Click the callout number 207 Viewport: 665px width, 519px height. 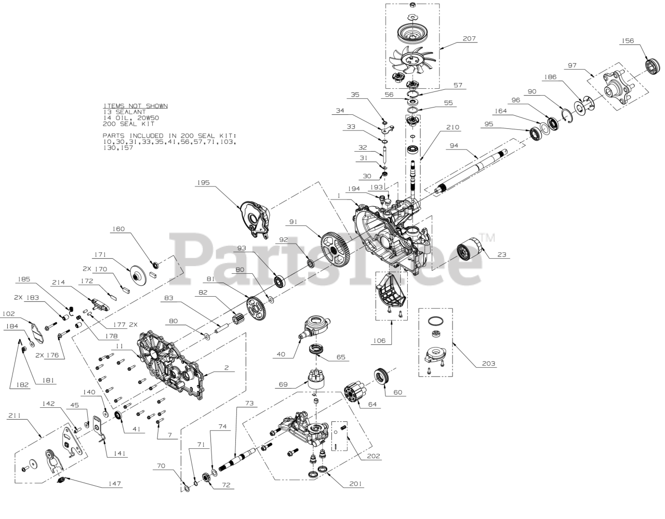tap(469, 38)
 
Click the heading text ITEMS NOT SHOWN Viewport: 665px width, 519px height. tap(135, 106)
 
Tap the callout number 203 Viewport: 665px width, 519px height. tap(488, 364)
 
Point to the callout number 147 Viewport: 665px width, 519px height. tap(114, 484)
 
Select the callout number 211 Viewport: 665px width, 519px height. tap(16, 416)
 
